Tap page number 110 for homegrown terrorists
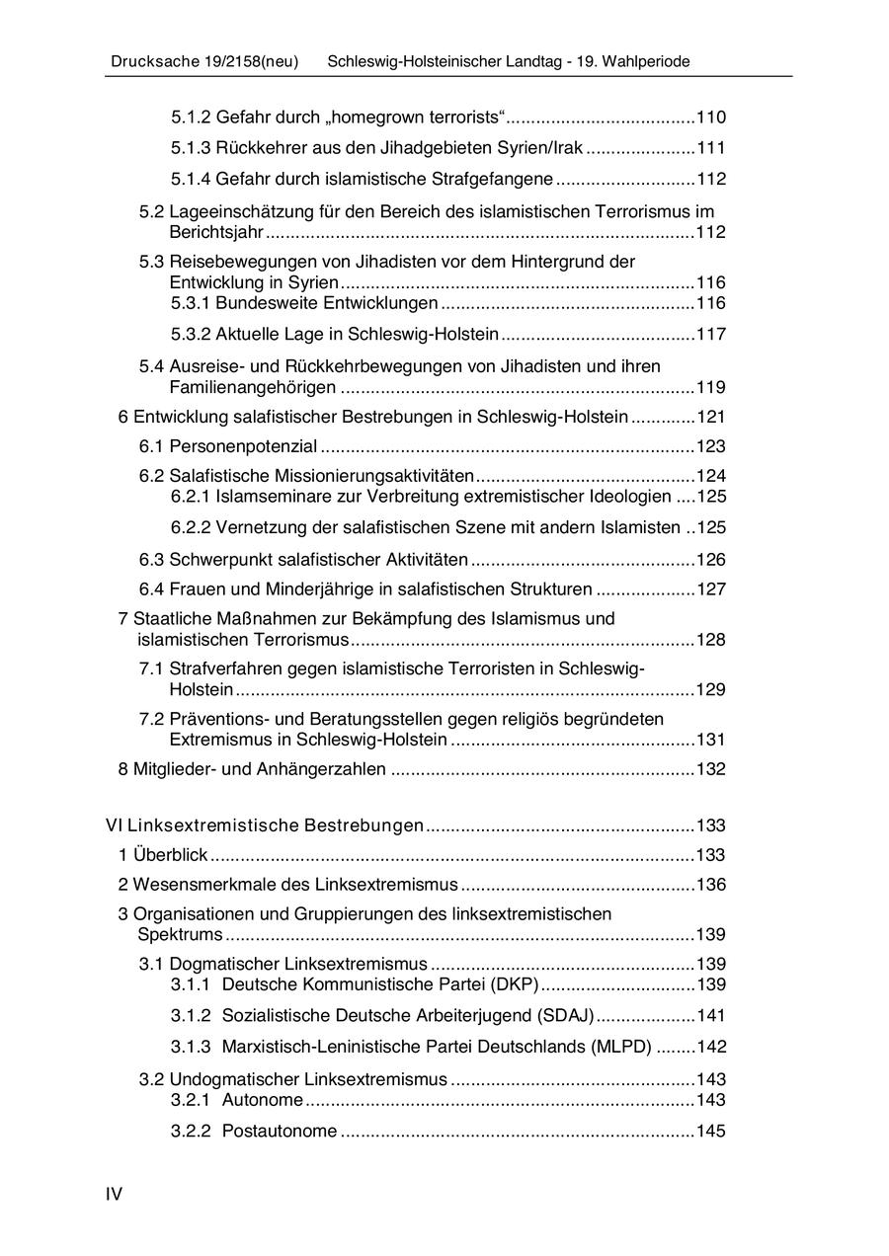[711, 118]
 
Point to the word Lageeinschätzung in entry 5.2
[246, 211]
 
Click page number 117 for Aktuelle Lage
[711, 334]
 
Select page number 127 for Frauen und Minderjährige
[711, 589]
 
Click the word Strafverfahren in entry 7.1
[218, 668]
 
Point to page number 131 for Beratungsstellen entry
[711, 740]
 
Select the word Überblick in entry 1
[170, 855]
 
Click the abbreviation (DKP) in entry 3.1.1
[514, 984]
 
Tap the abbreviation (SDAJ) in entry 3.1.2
[565, 1015]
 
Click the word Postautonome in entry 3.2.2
[280, 1131]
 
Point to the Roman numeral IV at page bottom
[115, 1195]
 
